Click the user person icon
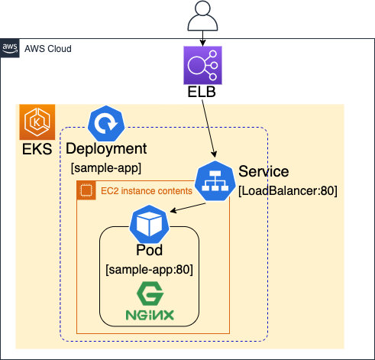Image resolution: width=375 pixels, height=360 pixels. click(202, 16)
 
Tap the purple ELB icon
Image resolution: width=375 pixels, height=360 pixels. click(202, 65)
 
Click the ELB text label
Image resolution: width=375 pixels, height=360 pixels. click(202, 92)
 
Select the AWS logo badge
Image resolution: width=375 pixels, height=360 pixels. click(10, 48)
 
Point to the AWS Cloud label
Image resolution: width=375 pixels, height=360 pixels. click(48, 49)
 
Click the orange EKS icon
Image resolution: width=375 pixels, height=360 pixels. click(37, 122)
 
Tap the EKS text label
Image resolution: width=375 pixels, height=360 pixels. click(37, 149)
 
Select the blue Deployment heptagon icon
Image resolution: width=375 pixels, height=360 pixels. click(106, 124)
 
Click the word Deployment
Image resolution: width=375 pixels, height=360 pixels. click(106, 149)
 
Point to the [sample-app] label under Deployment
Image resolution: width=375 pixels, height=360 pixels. click(106, 168)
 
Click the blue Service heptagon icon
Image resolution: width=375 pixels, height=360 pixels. click(215, 180)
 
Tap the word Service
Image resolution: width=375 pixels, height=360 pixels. click(263, 171)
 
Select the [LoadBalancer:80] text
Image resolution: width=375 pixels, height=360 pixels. click(288, 191)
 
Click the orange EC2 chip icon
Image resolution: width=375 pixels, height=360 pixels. click(86, 190)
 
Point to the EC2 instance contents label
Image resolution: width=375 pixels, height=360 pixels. click(147, 191)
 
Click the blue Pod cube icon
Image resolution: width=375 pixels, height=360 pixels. click(150, 224)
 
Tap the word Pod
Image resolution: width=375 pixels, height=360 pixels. click(150, 250)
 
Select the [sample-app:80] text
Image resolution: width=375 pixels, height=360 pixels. click(150, 270)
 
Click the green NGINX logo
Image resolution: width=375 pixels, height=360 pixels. click(150, 301)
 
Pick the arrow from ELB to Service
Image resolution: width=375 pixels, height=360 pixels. click(209, 128)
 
